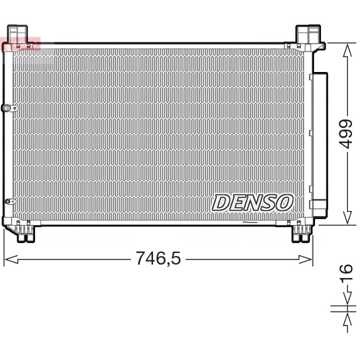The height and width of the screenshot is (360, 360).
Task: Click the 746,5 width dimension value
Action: pyautogui.click(x=158, y=258)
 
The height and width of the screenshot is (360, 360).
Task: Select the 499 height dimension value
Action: pyautogui.click(x=346, y=134)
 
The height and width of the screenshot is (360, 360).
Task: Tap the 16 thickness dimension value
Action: pyautogui.click(x=346, y=272)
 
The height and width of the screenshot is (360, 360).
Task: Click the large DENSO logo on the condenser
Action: pyautogui.click(x=253, y=202)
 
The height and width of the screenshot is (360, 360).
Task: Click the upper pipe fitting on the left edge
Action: pyautogui.click(x=9, y=108)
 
